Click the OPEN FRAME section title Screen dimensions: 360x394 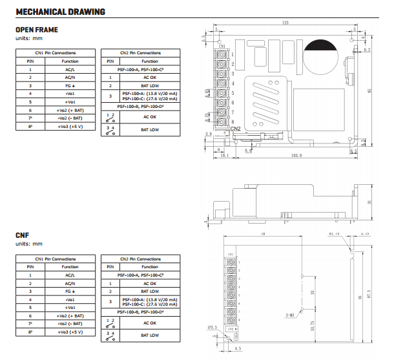[36, 30]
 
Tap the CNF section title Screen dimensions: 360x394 [23, 236]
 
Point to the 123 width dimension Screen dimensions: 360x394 [285, 24]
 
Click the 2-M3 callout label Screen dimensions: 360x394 [290, 315]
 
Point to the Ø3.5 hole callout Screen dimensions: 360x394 [214, 328]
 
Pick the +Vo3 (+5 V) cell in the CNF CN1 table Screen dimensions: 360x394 [70, 332]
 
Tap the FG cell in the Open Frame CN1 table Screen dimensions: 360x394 [70, 85]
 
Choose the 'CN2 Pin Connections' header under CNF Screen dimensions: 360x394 [140, 259]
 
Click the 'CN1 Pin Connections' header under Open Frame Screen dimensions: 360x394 [56, 53]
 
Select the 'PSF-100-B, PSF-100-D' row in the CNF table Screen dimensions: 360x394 [140, 312]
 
